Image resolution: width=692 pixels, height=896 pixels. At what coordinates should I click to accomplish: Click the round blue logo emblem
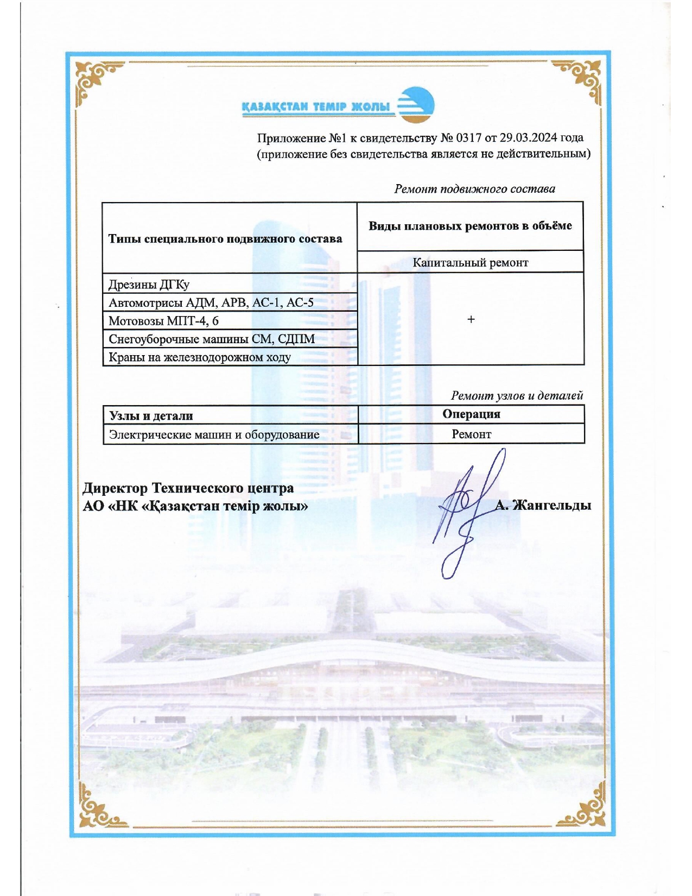click(416, 104)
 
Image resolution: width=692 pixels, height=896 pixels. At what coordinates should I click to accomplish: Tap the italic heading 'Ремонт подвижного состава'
click(474, 189)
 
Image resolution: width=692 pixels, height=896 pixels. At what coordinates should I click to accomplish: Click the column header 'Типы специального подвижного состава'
click(225, 239)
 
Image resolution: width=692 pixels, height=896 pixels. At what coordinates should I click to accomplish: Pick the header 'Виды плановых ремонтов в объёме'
click(470, 226)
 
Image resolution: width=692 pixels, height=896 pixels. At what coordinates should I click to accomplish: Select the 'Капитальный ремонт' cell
click(470, 263)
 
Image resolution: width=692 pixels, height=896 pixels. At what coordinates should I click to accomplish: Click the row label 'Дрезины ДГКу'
click(149, 285)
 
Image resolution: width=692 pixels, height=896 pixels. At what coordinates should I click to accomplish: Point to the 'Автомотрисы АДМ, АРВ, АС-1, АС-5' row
click(211, 302)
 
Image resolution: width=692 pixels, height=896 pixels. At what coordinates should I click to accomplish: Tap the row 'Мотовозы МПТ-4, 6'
click(163, 321)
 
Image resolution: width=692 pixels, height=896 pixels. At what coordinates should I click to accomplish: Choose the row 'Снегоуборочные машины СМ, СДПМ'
click(212, 339)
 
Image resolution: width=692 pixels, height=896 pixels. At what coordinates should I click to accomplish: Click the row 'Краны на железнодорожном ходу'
click(200, 357)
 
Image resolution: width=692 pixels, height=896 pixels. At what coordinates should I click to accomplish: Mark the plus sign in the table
click(471, 319)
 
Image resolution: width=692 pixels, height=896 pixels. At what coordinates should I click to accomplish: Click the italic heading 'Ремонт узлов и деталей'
click(517, 396)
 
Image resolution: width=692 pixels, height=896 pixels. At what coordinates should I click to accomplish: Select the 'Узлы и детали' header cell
click(151, 416)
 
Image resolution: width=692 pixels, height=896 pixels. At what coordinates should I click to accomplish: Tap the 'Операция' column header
click(471, 414)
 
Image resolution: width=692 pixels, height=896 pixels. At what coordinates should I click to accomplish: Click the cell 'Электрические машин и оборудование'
click(214, 434)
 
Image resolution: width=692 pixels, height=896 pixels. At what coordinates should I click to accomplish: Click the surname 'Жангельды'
click(551, 506)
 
